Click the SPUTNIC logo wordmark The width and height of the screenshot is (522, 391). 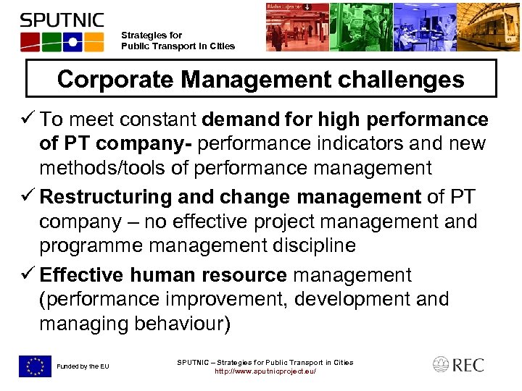click(62, 20)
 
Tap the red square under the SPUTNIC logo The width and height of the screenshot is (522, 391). click(30, 41)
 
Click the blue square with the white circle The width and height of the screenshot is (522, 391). click(72, 41)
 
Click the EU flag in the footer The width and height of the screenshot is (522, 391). click(35, 366)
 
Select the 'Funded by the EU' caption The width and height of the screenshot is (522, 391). click(83, 367)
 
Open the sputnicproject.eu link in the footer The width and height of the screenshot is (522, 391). click(265, 372)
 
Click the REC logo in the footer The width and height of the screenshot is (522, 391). click(458, 365)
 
